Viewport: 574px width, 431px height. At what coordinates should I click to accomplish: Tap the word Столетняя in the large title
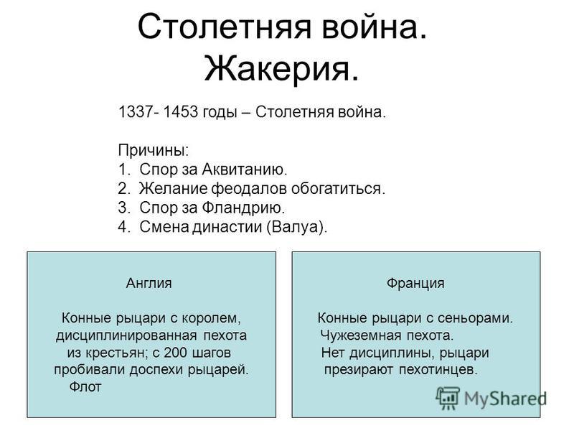coord(225,27)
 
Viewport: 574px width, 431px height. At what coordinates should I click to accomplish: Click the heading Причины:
coord(154,150)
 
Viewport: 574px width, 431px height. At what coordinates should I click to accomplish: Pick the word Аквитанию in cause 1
coord(244,170)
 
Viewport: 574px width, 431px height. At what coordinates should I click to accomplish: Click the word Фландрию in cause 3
coord(243,208)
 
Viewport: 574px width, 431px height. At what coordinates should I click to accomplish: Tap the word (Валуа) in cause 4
coord(296,227)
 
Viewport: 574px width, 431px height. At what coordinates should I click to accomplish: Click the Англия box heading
coord(149,283)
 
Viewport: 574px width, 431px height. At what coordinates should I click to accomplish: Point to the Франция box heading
coord(415,283)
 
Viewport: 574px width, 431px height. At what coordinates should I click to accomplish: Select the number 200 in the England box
coord(175,352)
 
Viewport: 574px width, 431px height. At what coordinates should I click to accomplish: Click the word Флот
coord(85,386)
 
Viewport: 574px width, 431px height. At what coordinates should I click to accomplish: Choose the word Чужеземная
coord(359,335)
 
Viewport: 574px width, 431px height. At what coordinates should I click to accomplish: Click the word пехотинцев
coord(438,369)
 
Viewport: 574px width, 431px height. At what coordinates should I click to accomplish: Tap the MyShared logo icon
coord(448,398)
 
